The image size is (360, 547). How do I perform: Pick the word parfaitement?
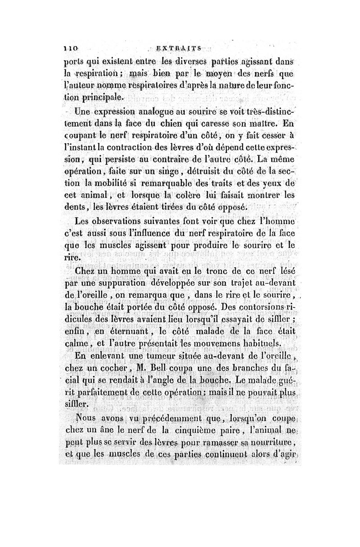101,393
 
